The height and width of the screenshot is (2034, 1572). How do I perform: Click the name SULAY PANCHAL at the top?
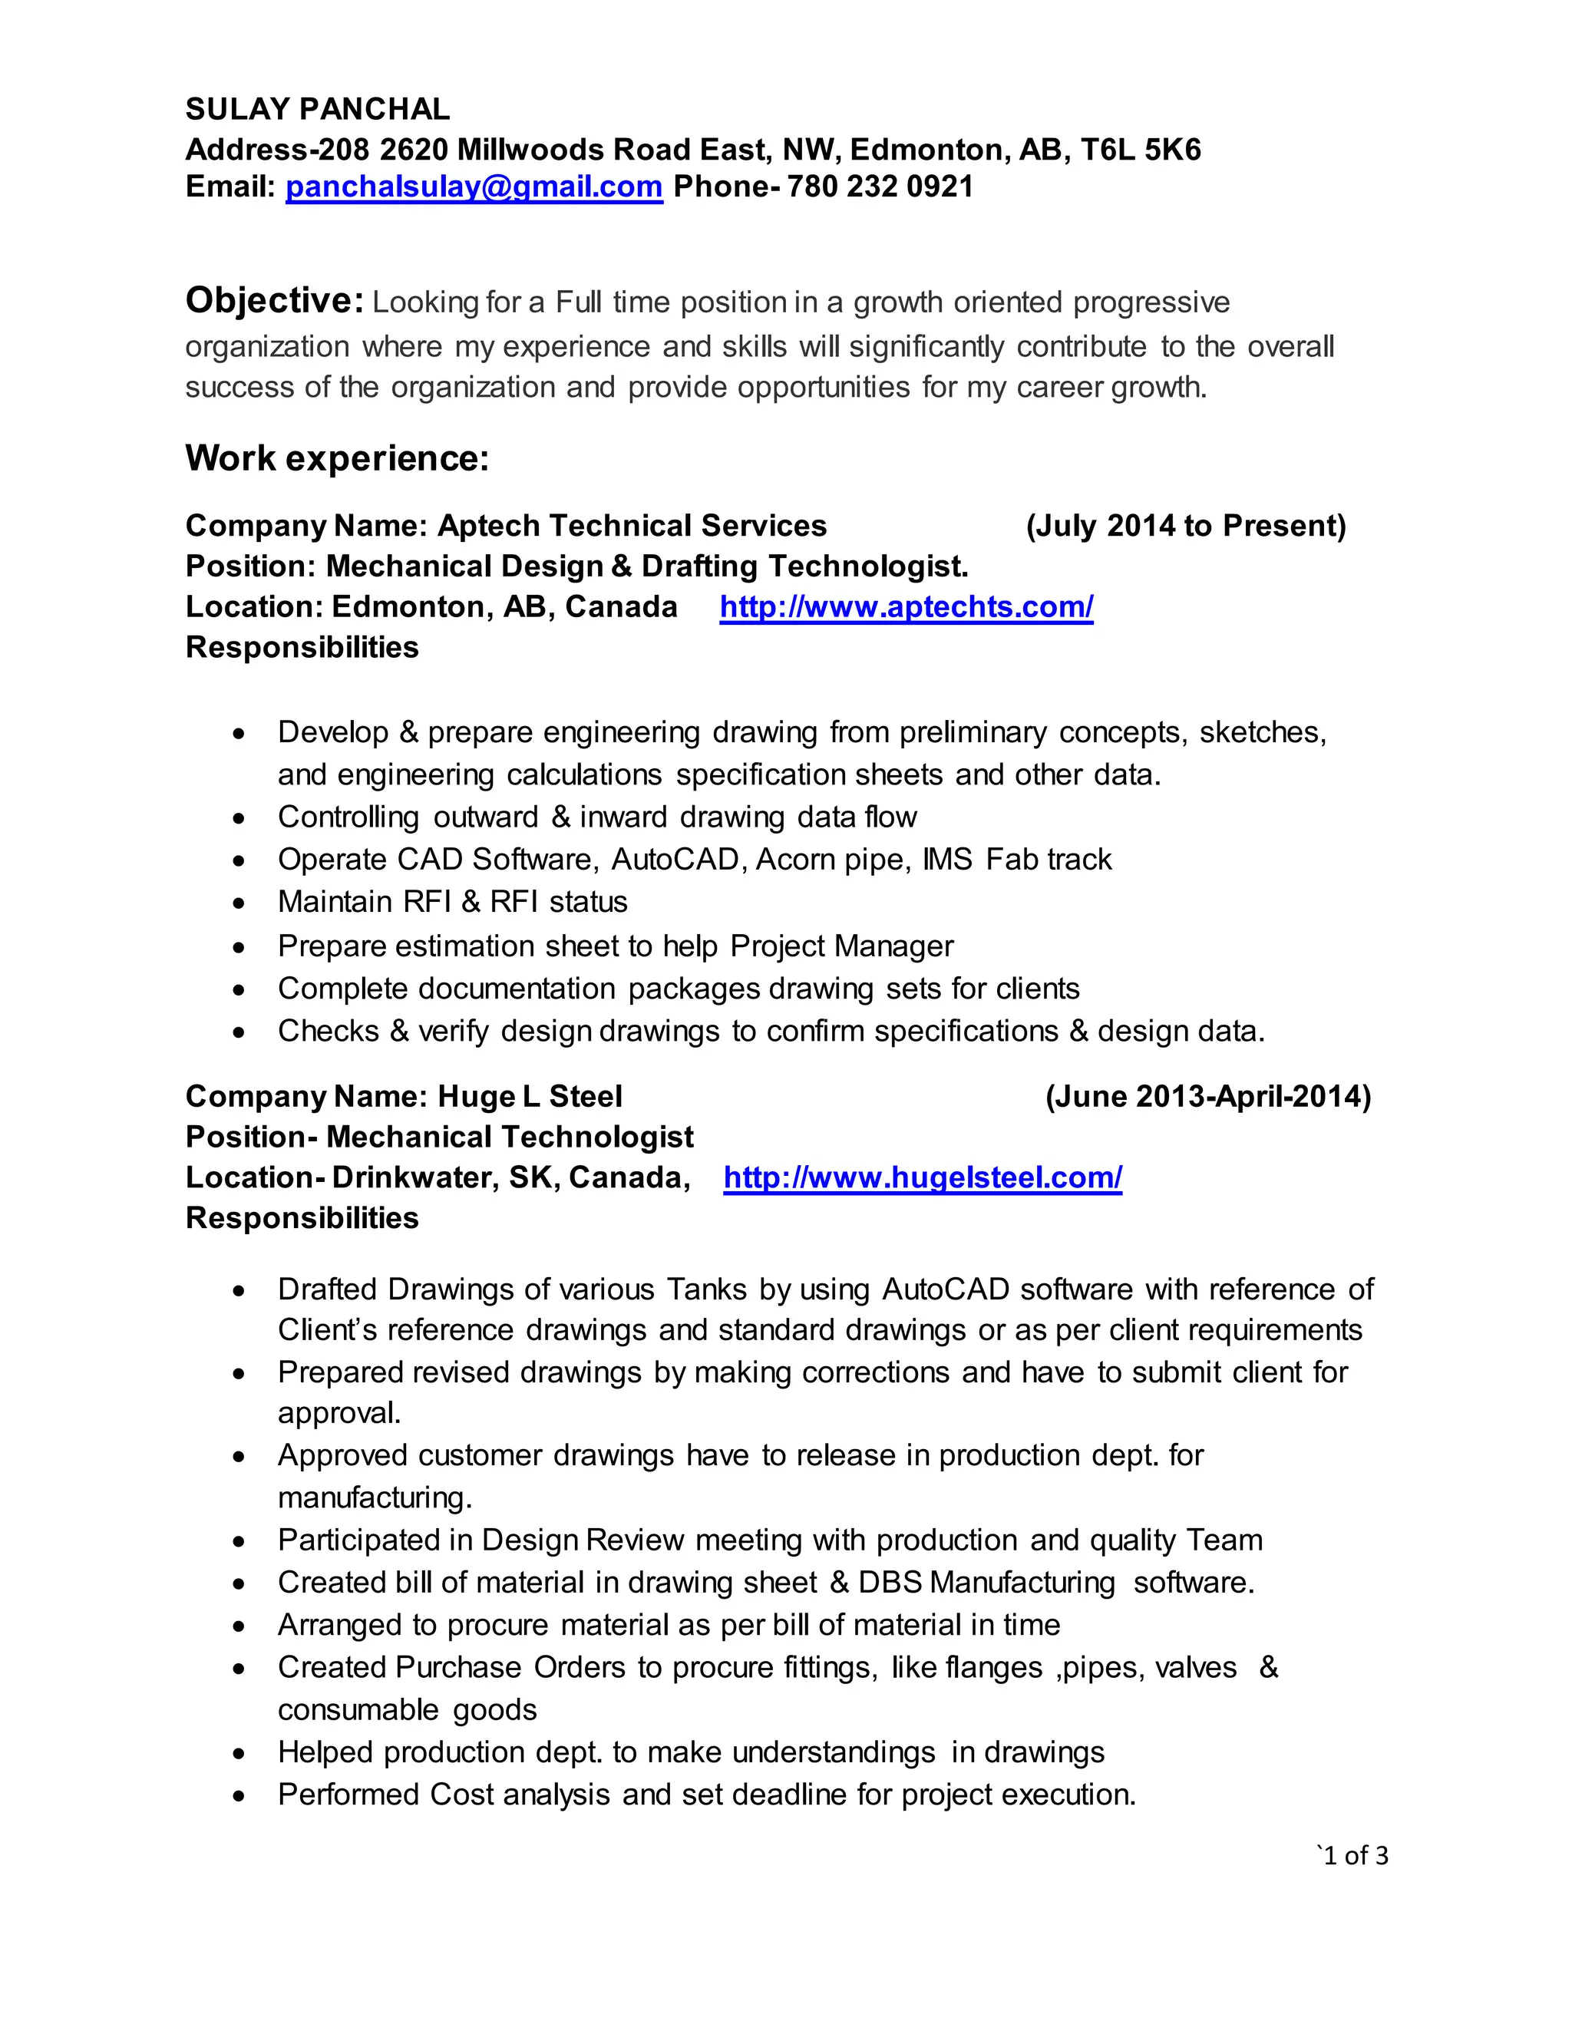318,109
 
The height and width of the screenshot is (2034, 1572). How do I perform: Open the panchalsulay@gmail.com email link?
474,187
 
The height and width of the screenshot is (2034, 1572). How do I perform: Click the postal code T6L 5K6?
1140,149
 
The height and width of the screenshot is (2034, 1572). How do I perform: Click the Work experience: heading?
337,458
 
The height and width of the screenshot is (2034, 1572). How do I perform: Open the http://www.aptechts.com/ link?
907,607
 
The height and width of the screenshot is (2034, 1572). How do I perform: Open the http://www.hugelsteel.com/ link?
922,1178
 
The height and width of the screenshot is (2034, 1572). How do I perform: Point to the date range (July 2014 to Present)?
1185,527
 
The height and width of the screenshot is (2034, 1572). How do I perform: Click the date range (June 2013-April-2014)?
1208,1097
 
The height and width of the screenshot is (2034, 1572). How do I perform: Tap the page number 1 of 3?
1354,1856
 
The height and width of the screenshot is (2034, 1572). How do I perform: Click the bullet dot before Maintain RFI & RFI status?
240,903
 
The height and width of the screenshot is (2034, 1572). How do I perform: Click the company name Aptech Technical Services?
632,527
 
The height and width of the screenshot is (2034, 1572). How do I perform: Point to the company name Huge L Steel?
529,1097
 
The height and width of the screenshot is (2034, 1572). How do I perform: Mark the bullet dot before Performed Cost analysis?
240,1795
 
